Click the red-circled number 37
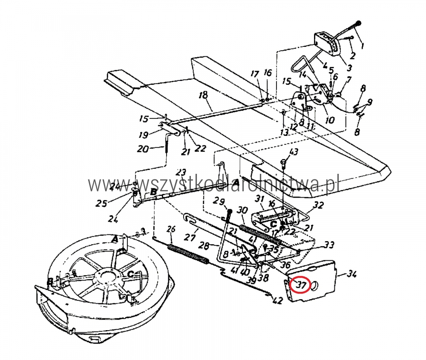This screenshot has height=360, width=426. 301,285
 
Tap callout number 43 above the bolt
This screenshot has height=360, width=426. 294,152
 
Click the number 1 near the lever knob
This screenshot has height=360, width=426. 363,45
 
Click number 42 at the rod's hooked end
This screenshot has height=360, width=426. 277,301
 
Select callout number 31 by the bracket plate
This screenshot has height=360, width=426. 259,199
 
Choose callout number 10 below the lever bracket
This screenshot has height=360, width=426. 330,121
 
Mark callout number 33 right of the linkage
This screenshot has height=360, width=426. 329,245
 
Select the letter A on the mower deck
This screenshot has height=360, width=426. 114,240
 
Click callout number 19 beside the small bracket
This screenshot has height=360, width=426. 143,135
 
